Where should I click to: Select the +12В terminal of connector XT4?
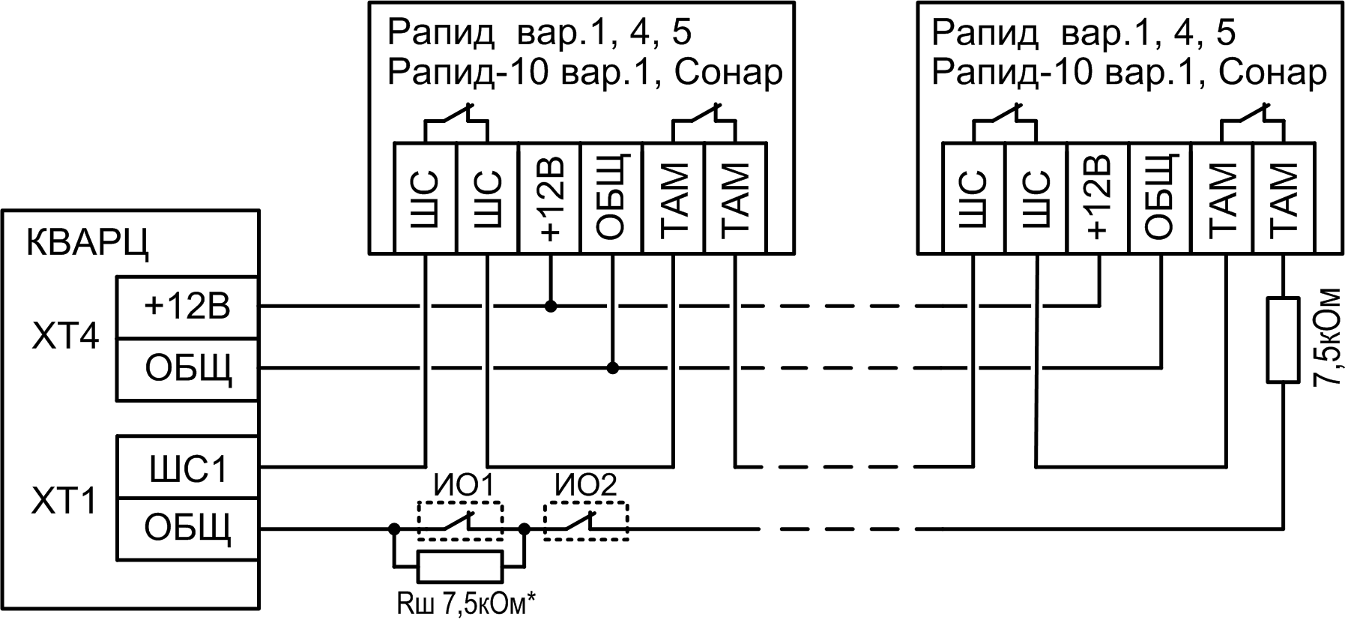(x=187, y=307)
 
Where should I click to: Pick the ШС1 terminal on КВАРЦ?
(x=187, y=469)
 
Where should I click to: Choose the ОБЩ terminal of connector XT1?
(x=187, y=528)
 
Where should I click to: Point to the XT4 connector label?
(x=65, y=337)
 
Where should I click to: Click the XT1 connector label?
(x=65, y=500)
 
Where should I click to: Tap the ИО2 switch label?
(x=586, y=486)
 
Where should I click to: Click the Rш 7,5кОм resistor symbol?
(x=460, y=566)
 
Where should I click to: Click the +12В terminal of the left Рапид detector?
(x=550, y=198)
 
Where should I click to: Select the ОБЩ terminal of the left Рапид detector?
(x=612, y=198)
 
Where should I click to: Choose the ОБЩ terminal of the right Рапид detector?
(x=1160, y=198)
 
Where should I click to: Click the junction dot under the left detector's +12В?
(x=551, y=306)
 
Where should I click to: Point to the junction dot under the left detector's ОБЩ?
(x=613, y=368)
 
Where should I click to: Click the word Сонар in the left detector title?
(x=728, y=73)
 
